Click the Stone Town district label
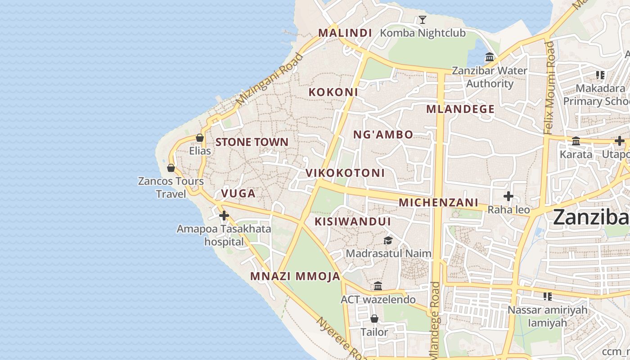pos(252,142)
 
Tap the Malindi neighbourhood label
pos(345,33)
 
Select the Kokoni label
pos(333,92)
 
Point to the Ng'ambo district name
pos(383,135)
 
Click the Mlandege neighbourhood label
pos(460,109)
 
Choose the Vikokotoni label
pos(345,173)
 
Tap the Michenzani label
pos(438,203)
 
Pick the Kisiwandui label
pos(352,222)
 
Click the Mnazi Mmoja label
pos(295,276)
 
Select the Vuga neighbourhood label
pos(238,194)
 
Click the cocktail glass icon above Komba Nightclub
pos(422,19)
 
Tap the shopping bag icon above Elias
pos(200,138)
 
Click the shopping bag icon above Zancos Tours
pos(171,168)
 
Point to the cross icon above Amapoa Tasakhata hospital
pos(224,216)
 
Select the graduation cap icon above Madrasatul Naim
pos(388,241)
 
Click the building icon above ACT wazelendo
pos(378,286)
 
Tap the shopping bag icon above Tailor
pos(374,319)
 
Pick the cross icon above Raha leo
pos(508,197)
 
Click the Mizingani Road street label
pos(270,80)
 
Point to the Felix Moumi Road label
pos(549,88)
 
